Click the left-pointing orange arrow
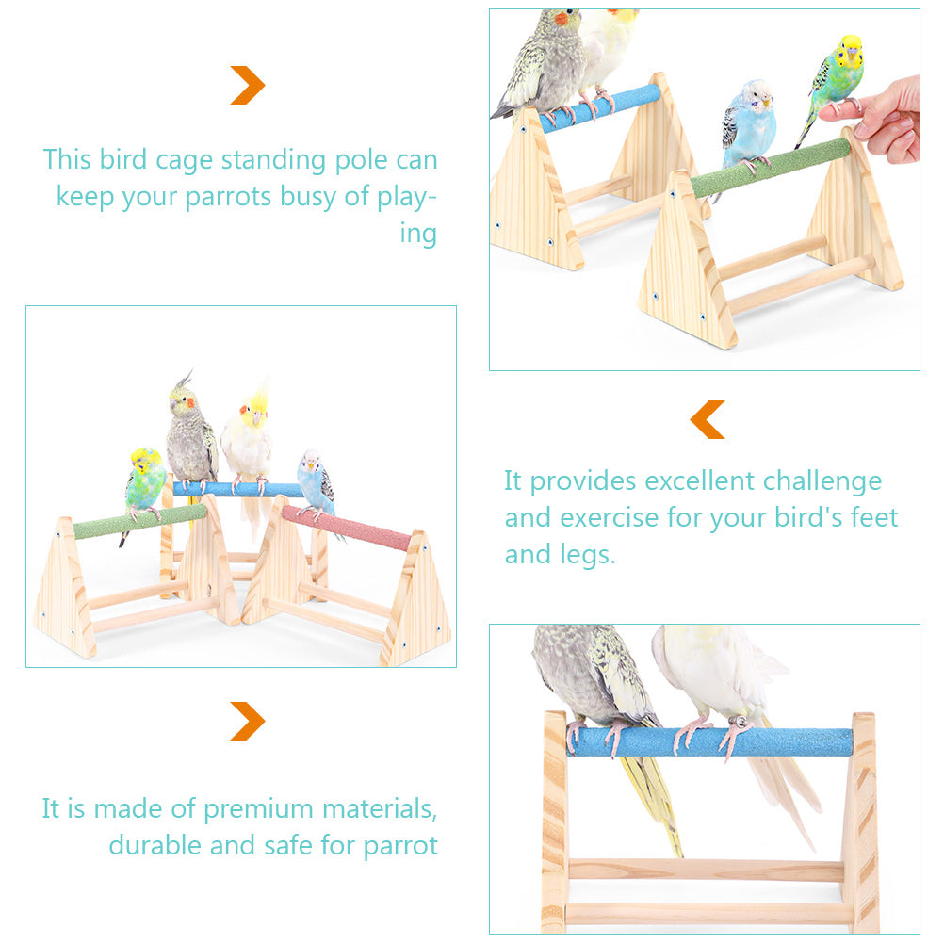click(708, 419)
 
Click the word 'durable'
click(155, 845)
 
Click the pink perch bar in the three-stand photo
click(347, 528)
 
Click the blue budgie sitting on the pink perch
click(316, 483)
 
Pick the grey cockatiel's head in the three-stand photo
click(183, 400)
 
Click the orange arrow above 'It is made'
click(248, 721)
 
